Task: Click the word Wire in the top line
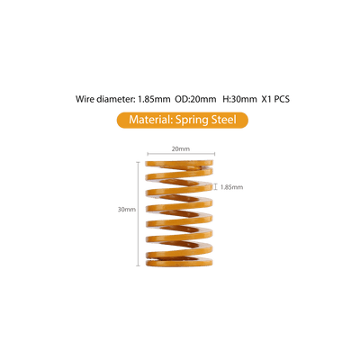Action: pyautogui.click(x=85, y=99)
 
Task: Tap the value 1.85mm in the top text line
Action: pyautogui.click(x=154, y=99)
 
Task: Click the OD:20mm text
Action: pyautogui.click(x=195, y=99)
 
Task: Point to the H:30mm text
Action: pyautogui.click(x=239, y=99)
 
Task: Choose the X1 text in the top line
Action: pyautogui.click(x=266, y=99)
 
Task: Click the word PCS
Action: pyautogui.click(x=282, y=99)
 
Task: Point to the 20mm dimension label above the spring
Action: pyautogui.click(x=181, y=148)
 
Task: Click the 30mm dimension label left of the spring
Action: pyautogui.click(x=127, y=210)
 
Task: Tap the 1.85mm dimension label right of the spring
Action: pyautogui.click(x=231, y=187)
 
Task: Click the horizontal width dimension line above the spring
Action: pyautogui.click(x=181, y=154)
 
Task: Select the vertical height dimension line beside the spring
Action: pyautogui.click(x=139, y=214)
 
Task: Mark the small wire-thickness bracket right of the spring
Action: pyautogui.click(x=215, y=187)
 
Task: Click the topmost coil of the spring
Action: pyautogui.click(x=179, y=164)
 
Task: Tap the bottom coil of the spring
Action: pyautogui.click(x=179, y=263)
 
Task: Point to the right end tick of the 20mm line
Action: pyautogui.click(x=215, y=154)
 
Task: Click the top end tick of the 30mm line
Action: pyautogui.click(x=139, y=162)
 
